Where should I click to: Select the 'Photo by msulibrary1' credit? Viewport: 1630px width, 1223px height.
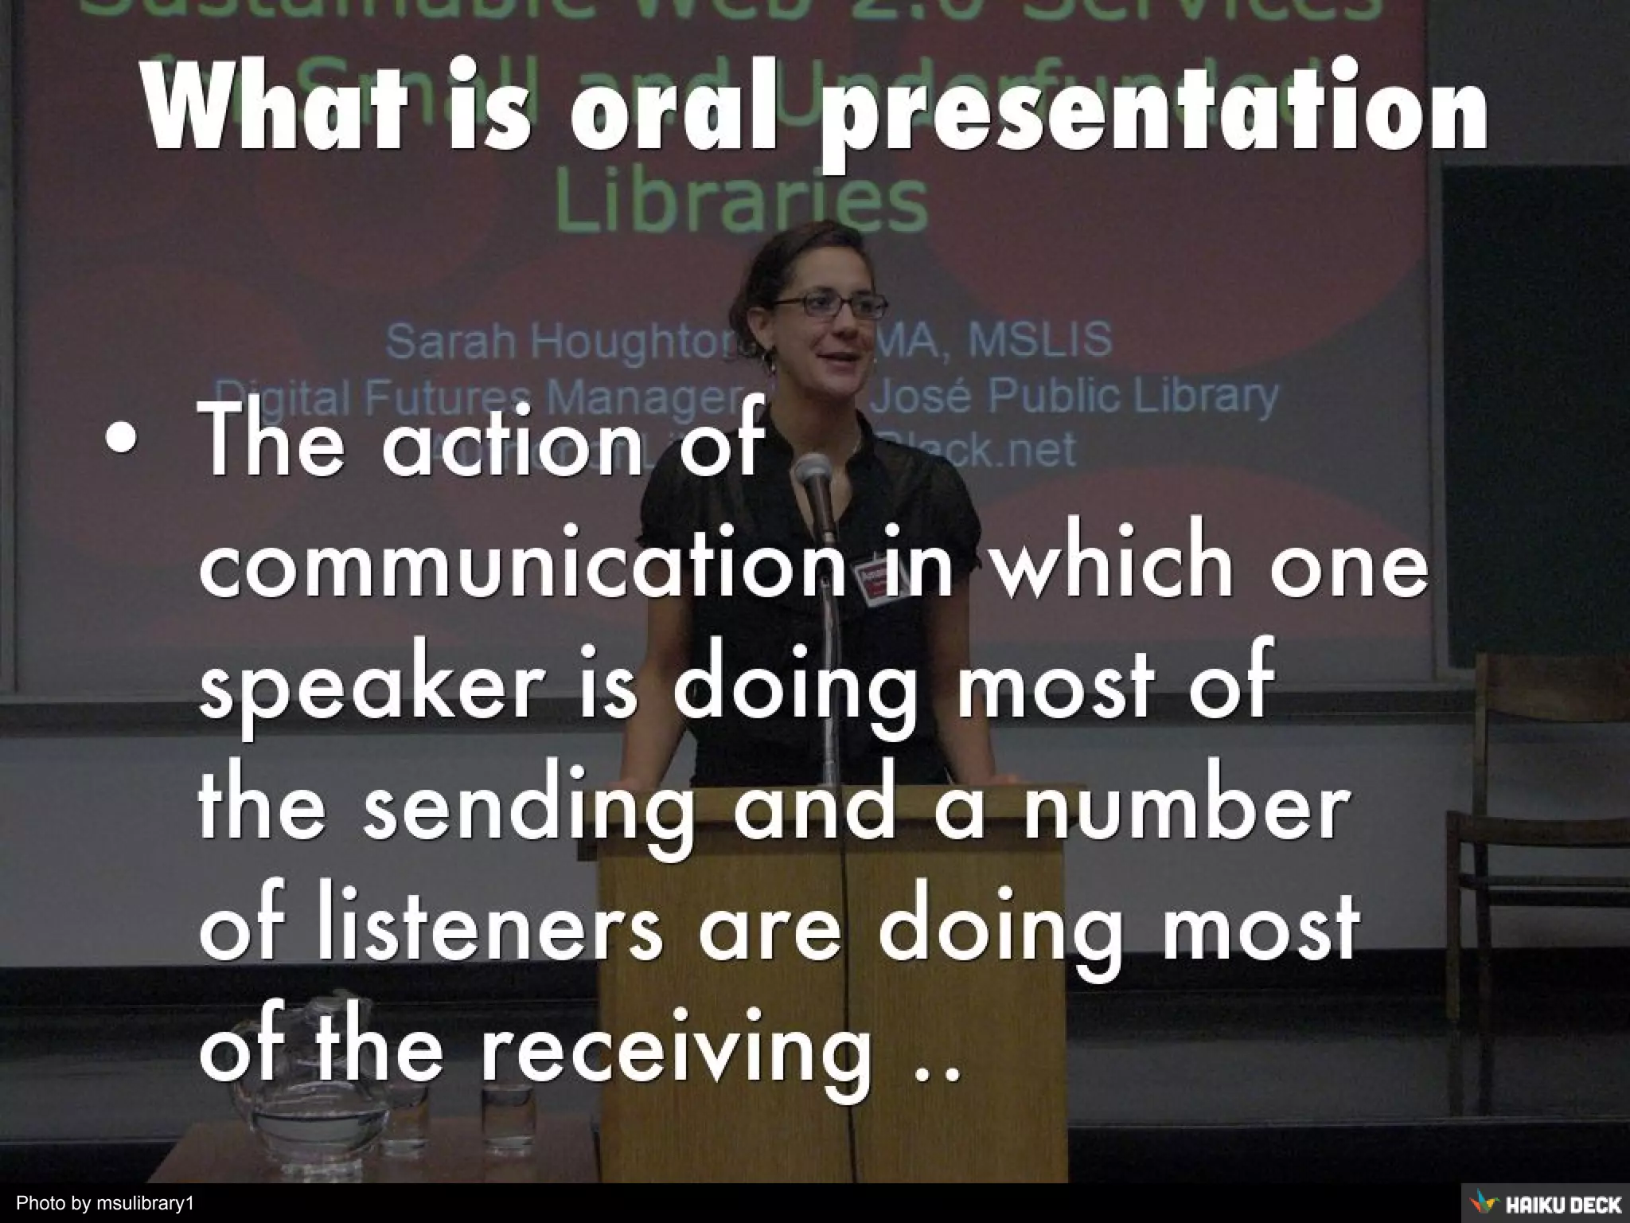pos(106,1202)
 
